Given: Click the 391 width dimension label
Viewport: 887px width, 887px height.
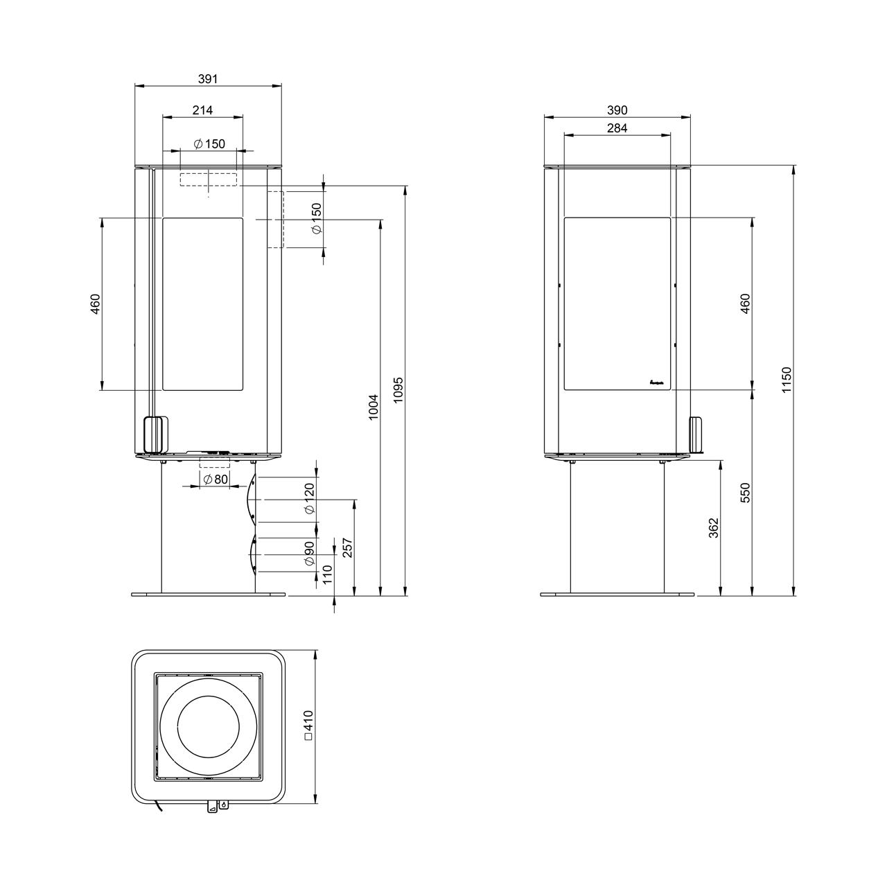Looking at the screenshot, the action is tap(208, 79).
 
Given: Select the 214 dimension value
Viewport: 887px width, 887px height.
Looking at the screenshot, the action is tap(202, 110).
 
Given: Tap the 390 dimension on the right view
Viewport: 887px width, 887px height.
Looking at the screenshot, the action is tap(617, 110).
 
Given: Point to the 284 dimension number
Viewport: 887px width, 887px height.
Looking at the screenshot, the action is tap(617, 128).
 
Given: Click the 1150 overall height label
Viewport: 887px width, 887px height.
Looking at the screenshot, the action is tap(787, 380).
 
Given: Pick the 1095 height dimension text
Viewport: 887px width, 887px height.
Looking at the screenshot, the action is tap(398, 390).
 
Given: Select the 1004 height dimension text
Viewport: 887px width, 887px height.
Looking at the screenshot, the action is tap(373, 407).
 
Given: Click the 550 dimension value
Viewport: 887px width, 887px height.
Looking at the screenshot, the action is tap(745, 493).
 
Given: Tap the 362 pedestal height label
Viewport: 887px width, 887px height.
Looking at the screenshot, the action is tap(713, 528).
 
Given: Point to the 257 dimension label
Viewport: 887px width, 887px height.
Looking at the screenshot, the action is tap(348, 547).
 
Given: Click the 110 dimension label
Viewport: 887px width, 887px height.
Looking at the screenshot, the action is tap(327, 575).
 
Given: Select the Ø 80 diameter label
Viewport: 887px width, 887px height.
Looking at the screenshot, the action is tap(216, 480).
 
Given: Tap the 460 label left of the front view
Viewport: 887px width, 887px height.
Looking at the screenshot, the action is tap(95, 304).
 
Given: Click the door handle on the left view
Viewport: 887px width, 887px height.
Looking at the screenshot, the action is tap(156, 434).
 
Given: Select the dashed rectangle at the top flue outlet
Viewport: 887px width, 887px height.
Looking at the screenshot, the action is tap(209, 179).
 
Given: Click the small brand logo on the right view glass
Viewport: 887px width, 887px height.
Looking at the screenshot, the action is tap(656, 382).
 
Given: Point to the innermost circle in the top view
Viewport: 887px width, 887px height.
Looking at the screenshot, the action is tap(208, 726).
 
